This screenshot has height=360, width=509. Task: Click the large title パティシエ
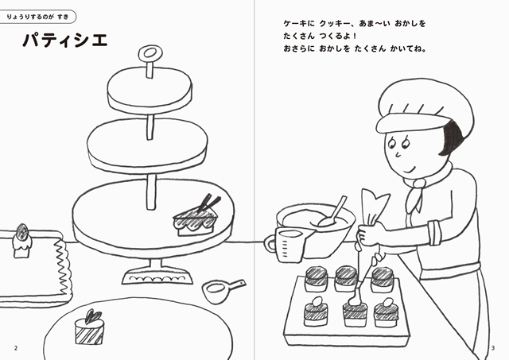65,41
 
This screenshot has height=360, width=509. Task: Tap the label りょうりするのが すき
37,17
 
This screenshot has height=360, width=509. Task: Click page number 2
16,348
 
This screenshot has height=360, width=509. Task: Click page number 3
493,348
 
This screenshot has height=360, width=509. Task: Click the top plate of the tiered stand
150,89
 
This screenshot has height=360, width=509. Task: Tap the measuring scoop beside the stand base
221,290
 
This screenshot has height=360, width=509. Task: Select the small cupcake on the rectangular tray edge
22,242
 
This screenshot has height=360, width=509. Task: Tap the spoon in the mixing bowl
332,212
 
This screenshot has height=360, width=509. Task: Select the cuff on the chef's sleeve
434,233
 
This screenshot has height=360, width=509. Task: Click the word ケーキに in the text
299,24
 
